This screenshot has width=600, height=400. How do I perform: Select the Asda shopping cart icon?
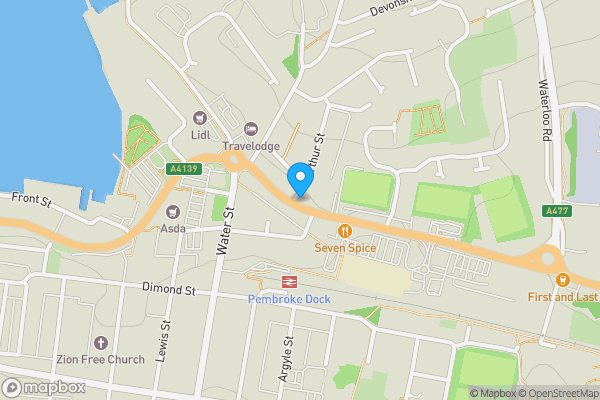tap(173, 211)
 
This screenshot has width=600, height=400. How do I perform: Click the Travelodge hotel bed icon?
tap(250, 129)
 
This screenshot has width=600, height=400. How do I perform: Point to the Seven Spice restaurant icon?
tap(345, 230)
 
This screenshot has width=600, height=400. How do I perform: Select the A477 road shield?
tap(558, 211)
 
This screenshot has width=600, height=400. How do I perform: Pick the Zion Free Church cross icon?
tap(98, 343)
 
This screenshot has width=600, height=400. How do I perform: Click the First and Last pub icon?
tap(563, 280)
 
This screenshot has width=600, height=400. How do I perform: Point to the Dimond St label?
tap(168, 290)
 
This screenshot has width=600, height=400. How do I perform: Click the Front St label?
tap(31, 200)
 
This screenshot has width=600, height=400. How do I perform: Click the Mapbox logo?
tap(43, 387)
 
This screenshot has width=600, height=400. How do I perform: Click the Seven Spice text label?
tap(345, 247)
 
